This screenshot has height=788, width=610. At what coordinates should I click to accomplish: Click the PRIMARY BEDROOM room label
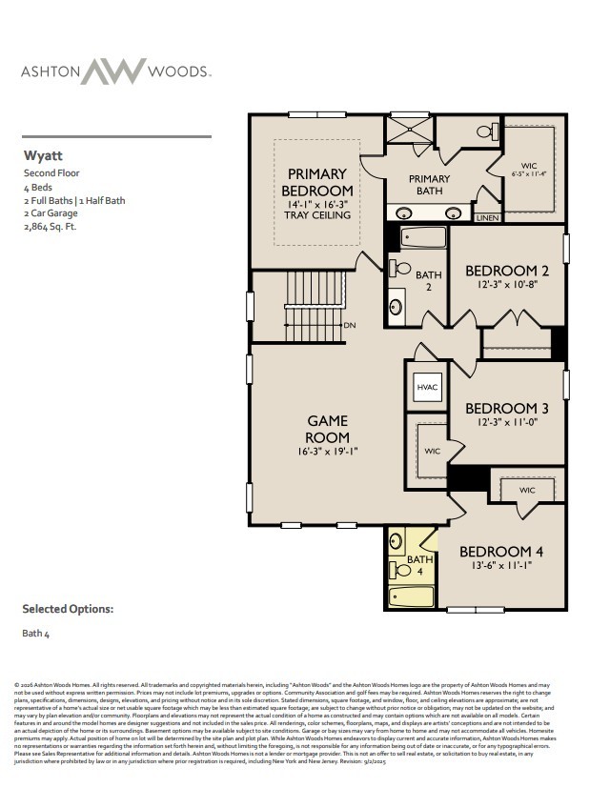coord(316,183)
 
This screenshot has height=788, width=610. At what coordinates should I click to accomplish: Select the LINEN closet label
coord(486,218)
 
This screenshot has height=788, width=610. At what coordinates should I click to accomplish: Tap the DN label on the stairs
coord(350,325)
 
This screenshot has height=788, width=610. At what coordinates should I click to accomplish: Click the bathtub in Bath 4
coord(412,596)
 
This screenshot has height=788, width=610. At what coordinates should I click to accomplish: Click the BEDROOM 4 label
coord(501,552)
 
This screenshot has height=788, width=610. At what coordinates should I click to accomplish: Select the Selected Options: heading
coord(68,608)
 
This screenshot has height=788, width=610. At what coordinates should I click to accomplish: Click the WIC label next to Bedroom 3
coord(432,451)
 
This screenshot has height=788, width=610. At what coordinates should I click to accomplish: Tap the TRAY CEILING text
coord(317,215)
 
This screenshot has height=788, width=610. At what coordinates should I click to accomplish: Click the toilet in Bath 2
coord(401,269)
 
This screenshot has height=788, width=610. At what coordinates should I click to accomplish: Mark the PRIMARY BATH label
coord(429,185)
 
